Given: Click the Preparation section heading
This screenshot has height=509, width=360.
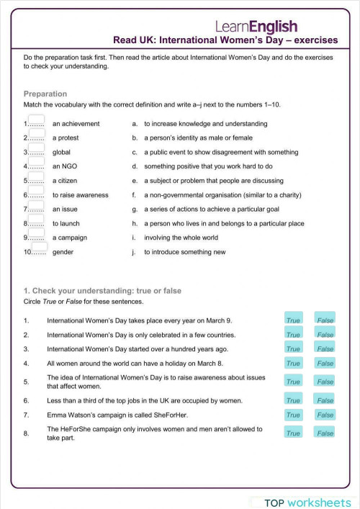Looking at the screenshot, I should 45,94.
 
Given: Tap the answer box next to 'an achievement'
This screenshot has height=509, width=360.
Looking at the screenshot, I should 36,120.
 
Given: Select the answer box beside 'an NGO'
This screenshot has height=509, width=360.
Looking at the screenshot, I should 36,163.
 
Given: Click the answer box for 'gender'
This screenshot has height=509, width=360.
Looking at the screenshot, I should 39,247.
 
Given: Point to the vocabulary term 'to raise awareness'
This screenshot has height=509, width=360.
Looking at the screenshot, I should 80,195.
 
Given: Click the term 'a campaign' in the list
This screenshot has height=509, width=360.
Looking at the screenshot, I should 70,238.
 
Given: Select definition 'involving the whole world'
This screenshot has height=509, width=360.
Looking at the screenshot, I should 181,238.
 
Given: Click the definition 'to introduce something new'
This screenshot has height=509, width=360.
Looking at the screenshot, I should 184,252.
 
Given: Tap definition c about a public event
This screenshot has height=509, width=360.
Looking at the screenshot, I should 210,153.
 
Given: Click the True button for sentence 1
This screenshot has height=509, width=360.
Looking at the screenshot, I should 293,320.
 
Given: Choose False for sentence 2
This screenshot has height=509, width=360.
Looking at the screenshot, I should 325,334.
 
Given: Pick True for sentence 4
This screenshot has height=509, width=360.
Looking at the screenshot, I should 293,364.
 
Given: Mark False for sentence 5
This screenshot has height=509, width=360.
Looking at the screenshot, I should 325,382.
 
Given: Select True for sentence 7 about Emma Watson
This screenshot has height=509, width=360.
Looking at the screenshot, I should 293,415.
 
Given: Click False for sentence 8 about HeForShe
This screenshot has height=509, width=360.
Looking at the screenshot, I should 325,433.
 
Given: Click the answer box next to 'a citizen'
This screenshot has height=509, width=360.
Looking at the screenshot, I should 36,177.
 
